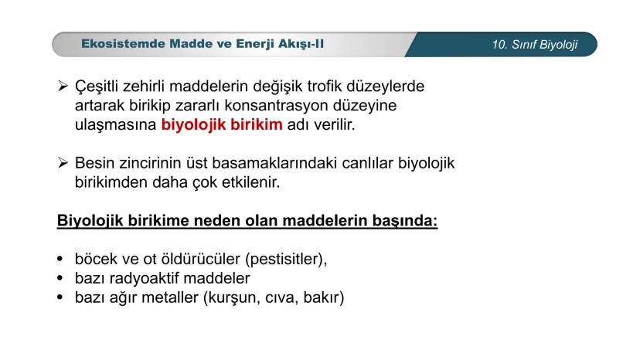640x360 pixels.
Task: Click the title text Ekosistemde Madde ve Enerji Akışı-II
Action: (203, 44)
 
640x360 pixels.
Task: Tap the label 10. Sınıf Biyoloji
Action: (534, 45)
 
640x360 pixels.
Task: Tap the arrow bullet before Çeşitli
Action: (63, 86)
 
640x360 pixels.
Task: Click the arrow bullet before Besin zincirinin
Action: (63, 164)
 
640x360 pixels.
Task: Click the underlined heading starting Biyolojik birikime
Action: (247, 222)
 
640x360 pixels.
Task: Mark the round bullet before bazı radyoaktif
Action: (60, 278)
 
